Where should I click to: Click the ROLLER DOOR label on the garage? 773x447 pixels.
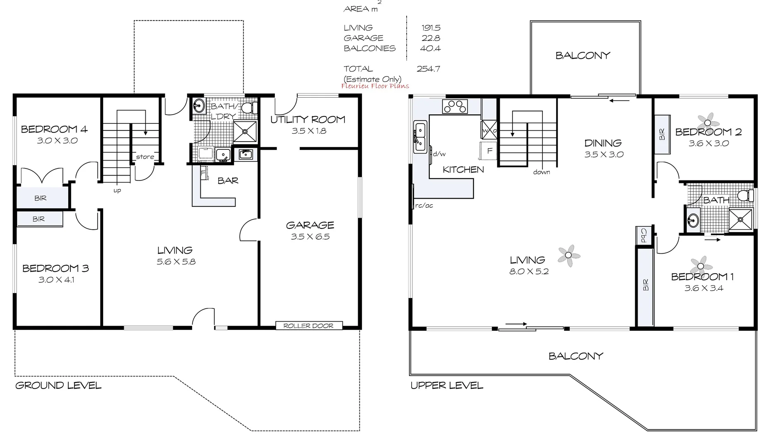point(308,326)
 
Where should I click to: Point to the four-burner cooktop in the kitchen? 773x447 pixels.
point(455,106)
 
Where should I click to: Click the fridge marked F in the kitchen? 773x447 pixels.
point(489,151)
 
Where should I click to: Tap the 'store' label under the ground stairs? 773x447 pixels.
point(145,157)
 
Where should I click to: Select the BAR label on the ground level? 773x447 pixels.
point(228,181)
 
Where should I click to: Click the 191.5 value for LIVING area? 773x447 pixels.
point(431,28)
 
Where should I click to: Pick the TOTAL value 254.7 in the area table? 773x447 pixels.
point(428,69)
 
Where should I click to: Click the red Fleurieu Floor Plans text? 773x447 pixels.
point(375,86)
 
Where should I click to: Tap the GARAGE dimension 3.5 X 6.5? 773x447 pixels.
point(310,237)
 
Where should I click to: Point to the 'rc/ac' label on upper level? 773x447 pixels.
point(424,205)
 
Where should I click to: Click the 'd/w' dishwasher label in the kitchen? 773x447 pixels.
point(439,154)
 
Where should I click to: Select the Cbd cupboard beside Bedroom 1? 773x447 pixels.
point(644,235)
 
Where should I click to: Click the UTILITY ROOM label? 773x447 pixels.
point(308,120)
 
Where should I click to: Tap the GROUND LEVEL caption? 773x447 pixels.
point(58,386)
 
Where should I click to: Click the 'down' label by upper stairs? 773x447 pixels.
point(542,172)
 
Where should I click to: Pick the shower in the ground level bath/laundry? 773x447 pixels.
point(245,132)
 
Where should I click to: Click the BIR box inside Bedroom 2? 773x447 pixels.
point(662,134)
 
